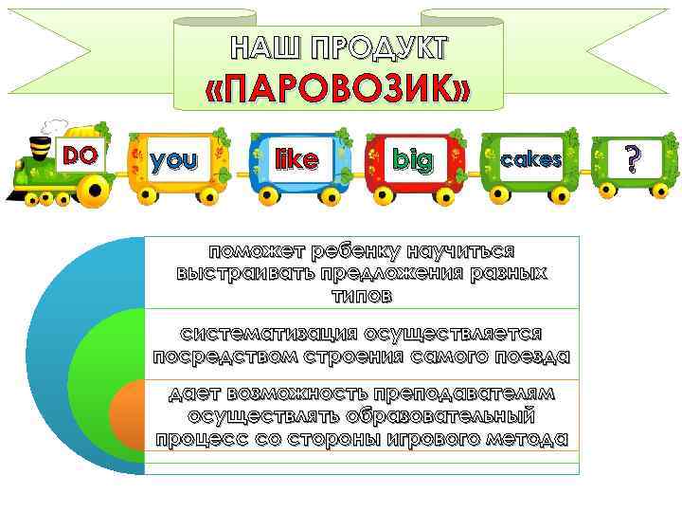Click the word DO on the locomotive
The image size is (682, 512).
[81, 154]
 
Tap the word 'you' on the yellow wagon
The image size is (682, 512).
[175, 160]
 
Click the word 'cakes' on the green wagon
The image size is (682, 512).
[531, 160]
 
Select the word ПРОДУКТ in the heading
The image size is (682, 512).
[384, 47]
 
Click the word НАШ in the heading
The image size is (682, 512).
[268, 47]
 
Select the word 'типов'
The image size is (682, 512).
[361, 296]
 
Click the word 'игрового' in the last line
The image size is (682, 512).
[416, 438]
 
